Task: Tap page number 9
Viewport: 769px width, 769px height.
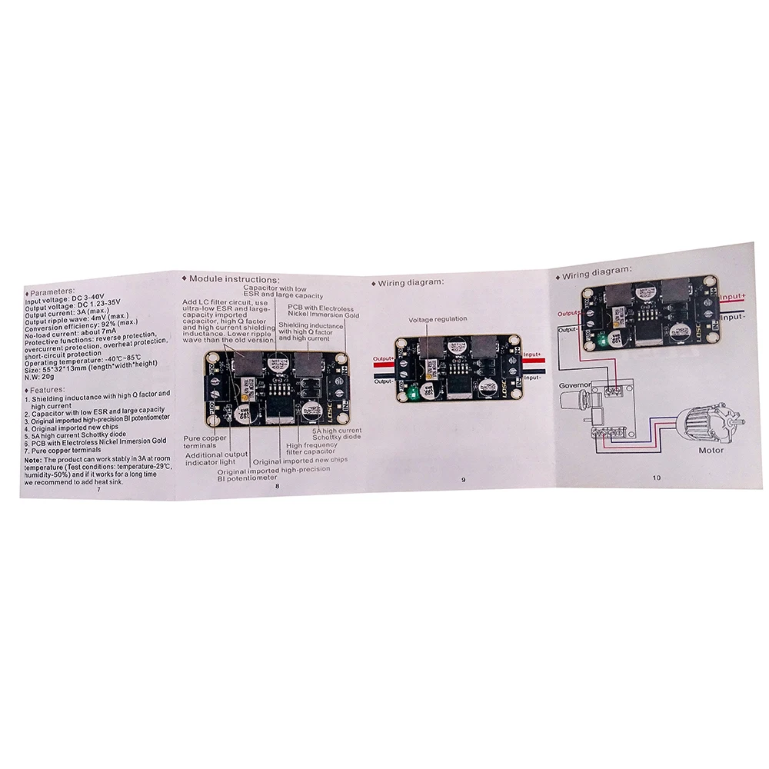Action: (463, 480)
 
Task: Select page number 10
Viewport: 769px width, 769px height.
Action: (656, 477)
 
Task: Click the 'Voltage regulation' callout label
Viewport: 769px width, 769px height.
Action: (438, 319)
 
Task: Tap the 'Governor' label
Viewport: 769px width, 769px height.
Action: (575, 387)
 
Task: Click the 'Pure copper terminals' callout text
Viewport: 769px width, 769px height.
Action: (203, 441)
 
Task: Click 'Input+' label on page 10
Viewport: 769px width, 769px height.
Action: (732, 297)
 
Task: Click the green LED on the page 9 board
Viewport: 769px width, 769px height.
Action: (412, 394)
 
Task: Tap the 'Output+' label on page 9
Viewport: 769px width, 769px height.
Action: (383, 359)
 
